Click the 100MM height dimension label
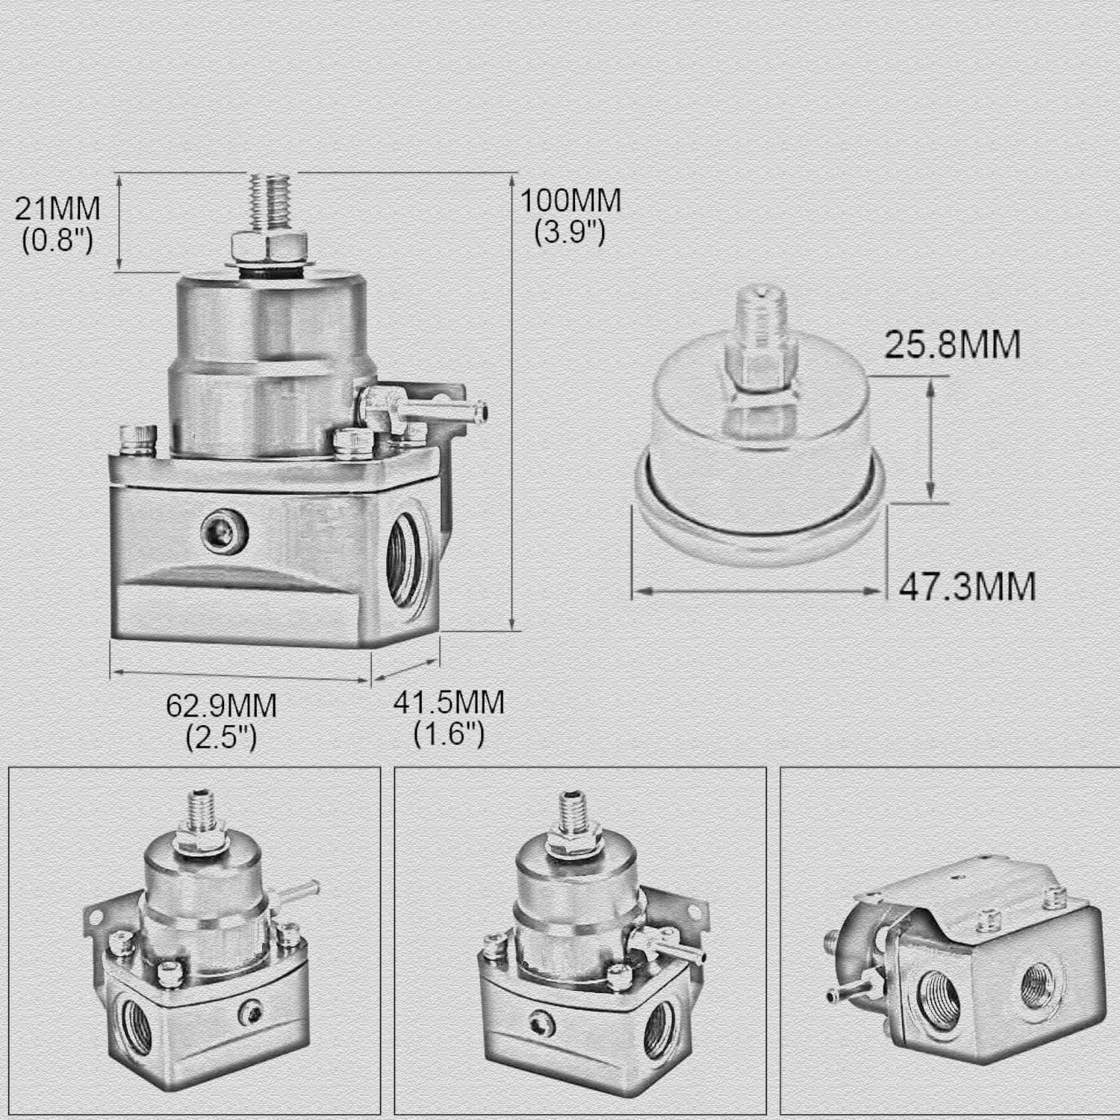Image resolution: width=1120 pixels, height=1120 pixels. click(x=570, y=200)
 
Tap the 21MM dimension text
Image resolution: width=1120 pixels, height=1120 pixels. click(x=57, y=208)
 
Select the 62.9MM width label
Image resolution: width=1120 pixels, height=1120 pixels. click(x=221, y=705)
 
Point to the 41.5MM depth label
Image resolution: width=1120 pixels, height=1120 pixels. click(x=449, y=703)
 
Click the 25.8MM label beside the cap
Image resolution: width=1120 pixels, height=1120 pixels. click(x=952, y=345)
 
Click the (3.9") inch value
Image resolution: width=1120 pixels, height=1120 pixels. click(x=570, y=233)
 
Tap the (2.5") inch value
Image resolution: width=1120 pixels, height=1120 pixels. click(x=221, y=737)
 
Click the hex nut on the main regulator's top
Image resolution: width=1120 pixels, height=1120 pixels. click(x=270, y=244)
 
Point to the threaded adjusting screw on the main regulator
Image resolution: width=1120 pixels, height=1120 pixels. click(x=271, y=202)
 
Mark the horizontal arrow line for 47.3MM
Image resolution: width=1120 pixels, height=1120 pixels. click(x=759, y=591)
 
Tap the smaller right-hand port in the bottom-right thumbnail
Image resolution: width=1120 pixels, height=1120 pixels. click(x=1036, y=983)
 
